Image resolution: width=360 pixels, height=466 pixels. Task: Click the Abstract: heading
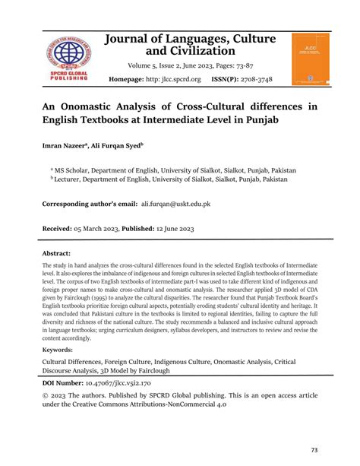(x=58, y=253)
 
